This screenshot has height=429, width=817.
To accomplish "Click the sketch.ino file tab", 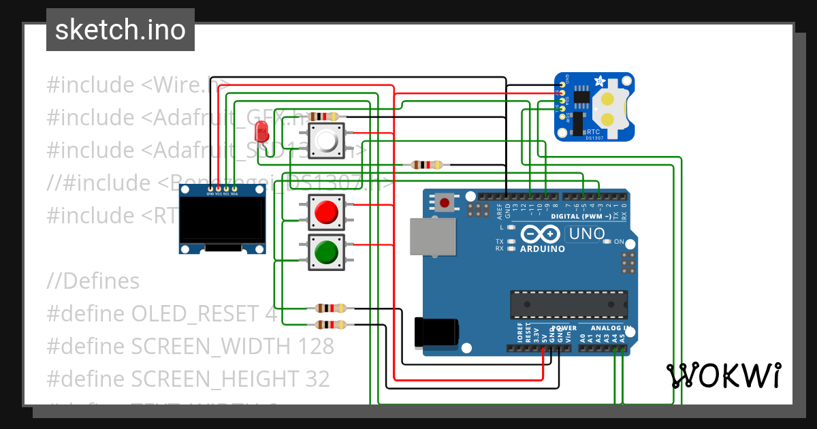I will [x=121, y=30].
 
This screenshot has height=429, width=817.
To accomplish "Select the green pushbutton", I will [x=327, y=252].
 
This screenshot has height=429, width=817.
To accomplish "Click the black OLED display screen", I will [x=222, y=221].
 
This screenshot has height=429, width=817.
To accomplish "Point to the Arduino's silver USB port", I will [x=432, y=236].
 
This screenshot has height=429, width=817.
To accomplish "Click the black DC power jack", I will [x=436, y=332].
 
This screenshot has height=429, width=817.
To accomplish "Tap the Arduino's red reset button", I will [x=446, y=202].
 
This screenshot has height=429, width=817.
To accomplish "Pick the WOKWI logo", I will [x=723, y=375].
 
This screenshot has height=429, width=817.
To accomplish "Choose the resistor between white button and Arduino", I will [x=427, y=164].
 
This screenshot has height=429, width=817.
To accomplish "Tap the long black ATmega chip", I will [x=569, y=304].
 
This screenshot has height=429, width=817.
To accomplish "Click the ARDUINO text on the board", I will [x=543, y=249].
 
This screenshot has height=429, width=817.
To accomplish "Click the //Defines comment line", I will [x=93, y=281].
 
